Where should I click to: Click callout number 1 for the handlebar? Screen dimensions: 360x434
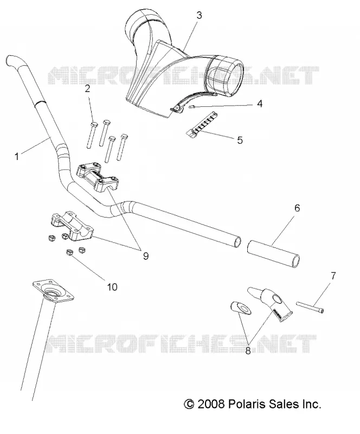[x=17, y=157]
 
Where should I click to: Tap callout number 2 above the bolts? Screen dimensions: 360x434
[x=87, y=89]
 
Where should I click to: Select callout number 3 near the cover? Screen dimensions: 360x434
[x=199, y=15]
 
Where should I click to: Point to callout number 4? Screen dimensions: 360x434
[x=260, y=104]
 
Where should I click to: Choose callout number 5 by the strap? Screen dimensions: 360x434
[x=240, y=140]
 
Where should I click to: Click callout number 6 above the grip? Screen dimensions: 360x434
[x=297, y=208]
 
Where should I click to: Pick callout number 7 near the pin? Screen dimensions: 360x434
[x=333, y=276]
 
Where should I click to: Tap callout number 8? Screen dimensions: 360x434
[x=248, y=351]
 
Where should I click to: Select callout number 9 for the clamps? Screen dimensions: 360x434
[x=145, y=256]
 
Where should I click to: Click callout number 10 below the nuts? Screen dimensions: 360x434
[x=112, y=287]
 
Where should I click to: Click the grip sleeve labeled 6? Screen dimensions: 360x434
[x=273, y=253]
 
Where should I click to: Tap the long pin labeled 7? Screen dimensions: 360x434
[x=310, y=307]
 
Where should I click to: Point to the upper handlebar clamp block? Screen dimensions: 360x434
[x=98, y=176]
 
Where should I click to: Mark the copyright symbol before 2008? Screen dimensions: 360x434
[x=189, y=404]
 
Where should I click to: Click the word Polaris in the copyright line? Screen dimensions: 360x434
[x=242, y=404]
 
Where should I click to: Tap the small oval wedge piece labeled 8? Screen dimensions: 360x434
[x=241, y=308]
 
